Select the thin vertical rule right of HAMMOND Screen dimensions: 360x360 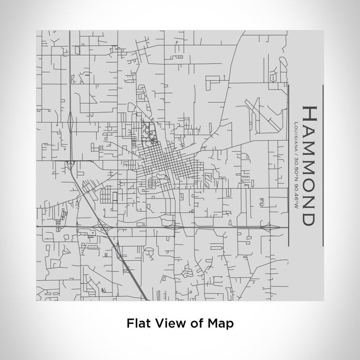(x=322, y=165)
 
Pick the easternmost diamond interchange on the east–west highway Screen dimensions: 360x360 (x=264, y=227)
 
